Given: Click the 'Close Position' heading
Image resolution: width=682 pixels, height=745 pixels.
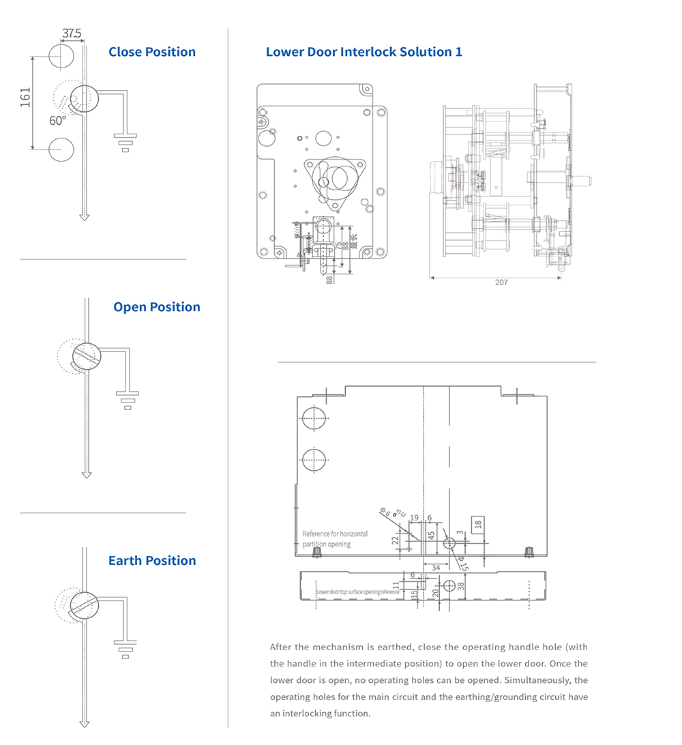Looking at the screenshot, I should coord(152,52).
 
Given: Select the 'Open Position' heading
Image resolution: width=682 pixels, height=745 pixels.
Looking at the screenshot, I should coord(157,307).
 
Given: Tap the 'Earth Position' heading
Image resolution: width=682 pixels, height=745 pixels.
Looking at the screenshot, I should coord(152,561).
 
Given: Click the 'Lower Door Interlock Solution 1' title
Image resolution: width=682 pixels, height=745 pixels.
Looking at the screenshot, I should coord(364,52).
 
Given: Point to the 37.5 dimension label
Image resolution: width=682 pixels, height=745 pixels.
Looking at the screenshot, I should coord(72,33).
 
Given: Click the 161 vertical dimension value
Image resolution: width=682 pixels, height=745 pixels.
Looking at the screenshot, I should coord(26,98).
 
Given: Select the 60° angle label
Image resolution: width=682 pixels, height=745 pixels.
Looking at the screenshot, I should coord(58,121).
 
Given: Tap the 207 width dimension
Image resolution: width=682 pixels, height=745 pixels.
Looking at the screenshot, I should coord(501,282).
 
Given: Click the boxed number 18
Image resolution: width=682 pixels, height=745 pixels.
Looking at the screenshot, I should coord(478,524).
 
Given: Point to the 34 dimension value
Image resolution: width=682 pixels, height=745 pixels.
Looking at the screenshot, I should coord(436,567).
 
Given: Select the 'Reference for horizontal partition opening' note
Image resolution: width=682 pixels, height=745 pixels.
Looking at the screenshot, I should coord(336,538).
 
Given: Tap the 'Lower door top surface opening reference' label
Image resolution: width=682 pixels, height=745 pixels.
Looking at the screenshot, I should coord(358,591).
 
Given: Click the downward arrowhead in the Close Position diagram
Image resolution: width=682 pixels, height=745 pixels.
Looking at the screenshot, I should coord(84,216).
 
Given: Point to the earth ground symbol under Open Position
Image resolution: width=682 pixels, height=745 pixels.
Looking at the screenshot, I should coord(127,400).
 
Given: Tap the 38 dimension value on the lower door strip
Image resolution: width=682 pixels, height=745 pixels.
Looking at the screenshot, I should coord(460,586).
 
